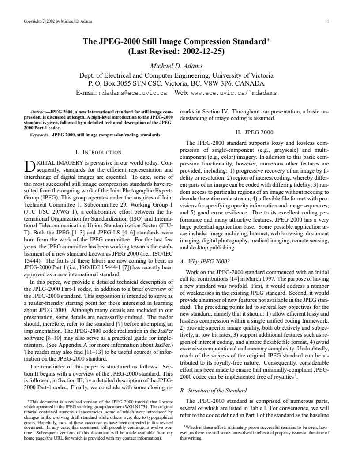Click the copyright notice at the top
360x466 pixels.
coord(55,21)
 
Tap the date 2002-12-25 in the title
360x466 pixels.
coord(201,52)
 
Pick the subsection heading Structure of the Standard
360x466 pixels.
coord(213,390)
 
